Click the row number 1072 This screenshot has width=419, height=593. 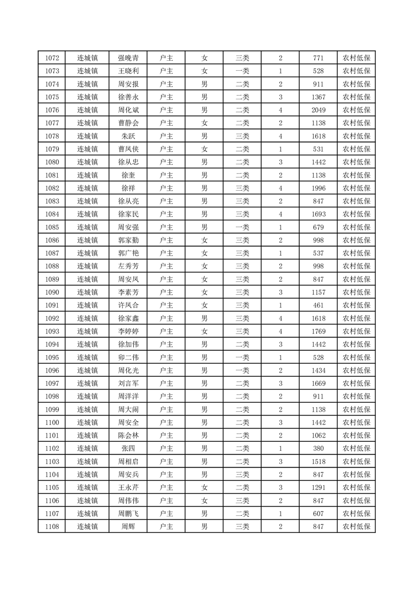click(52, 58)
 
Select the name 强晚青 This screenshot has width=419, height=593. click(128, 58)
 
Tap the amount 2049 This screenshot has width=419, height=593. click(319, 110)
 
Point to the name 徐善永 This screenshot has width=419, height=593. click(128, 97)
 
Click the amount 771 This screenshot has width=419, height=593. click(319, 58)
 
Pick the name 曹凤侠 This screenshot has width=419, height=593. click(128, 149)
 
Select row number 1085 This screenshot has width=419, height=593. click(52, 227)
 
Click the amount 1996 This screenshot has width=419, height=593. click(319, 188)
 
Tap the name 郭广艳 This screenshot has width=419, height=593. click(128, 253)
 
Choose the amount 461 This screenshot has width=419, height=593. click(319, 305)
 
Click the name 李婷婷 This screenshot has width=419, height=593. click(128, 331)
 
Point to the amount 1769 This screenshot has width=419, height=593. click(319, 331)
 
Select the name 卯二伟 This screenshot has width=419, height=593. click(128, 357)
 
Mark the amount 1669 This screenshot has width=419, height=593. click(319, 383)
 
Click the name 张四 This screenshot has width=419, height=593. click(128, 448)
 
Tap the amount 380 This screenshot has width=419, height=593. click(319, 448)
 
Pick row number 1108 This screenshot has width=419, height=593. click(52, 526)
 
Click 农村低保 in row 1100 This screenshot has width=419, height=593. click(357, 422)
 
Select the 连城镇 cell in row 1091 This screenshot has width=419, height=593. click(87, 305)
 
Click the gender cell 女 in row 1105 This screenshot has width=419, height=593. click(204, 487)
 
